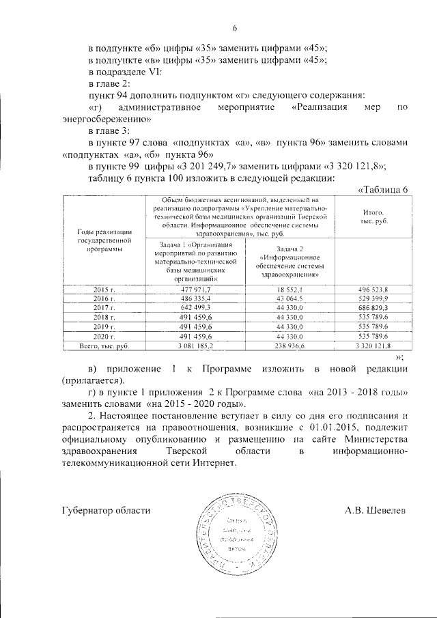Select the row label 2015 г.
tap(104, 290)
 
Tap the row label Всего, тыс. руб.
tap(104, 347)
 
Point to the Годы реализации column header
tap(104, 241)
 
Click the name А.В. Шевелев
tap(376, 510)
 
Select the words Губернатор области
tap(105, 510)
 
